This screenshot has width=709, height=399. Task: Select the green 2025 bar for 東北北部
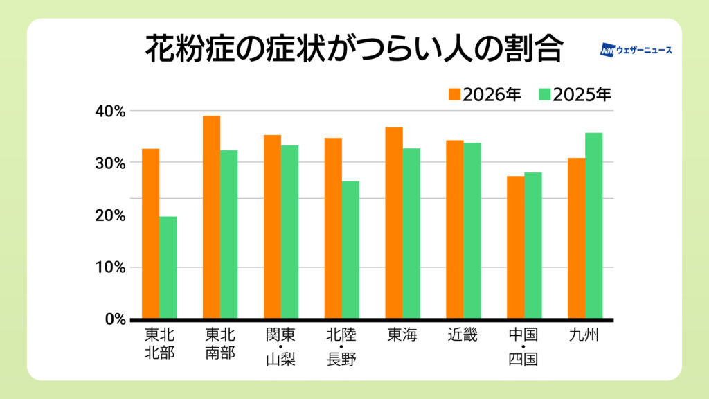click(168, 268)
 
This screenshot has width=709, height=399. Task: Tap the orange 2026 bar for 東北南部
click(211, 218)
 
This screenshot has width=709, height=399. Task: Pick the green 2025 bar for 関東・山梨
click(289, 233)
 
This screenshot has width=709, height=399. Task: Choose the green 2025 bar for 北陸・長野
click(350, 251)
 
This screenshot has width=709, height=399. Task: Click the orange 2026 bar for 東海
click(393, 223)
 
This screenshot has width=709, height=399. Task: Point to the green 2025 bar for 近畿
click(472, 231)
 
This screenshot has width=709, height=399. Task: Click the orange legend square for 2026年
click(454, 94)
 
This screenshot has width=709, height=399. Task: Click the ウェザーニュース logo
click(636, 51)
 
